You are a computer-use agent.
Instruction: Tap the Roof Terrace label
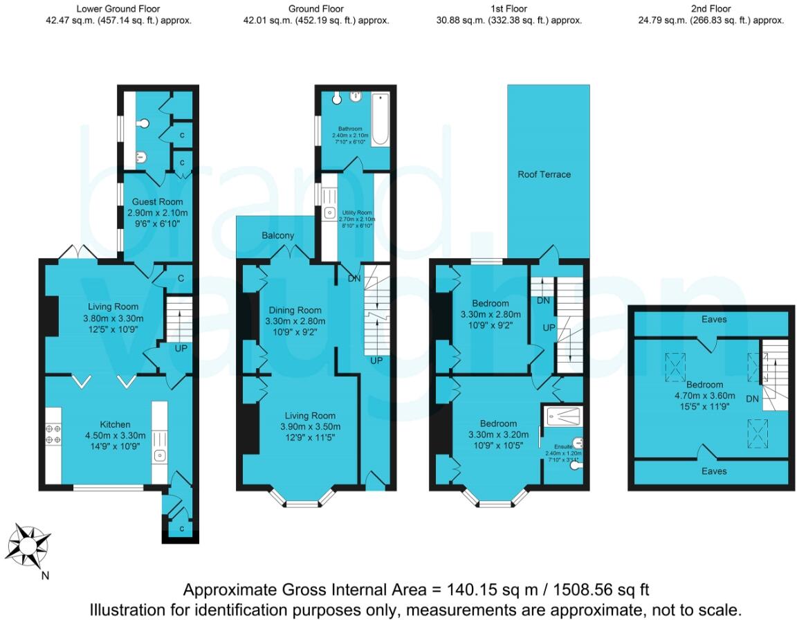pyautogui.click(x=544, y=174)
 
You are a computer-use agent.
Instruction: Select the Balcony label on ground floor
pyautogui.click(x=277, y=235)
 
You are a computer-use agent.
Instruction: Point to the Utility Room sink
pyautogui.click(x=329, y=211)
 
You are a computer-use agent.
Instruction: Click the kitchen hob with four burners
pyautogui.click(x=53, y=434)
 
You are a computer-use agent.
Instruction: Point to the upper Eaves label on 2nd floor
pyautogui.click(x=714, y=320)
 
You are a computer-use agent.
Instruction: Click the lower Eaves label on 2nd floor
pyautogui.click(x=714, y=471)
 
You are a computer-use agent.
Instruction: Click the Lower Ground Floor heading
pyautogui.click(x=118, y=9)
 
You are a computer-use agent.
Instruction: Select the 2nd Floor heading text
pyautogui.click(x=711, y=9)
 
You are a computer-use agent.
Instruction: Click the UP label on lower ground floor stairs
pyautogui.click(x=181, y=348)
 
